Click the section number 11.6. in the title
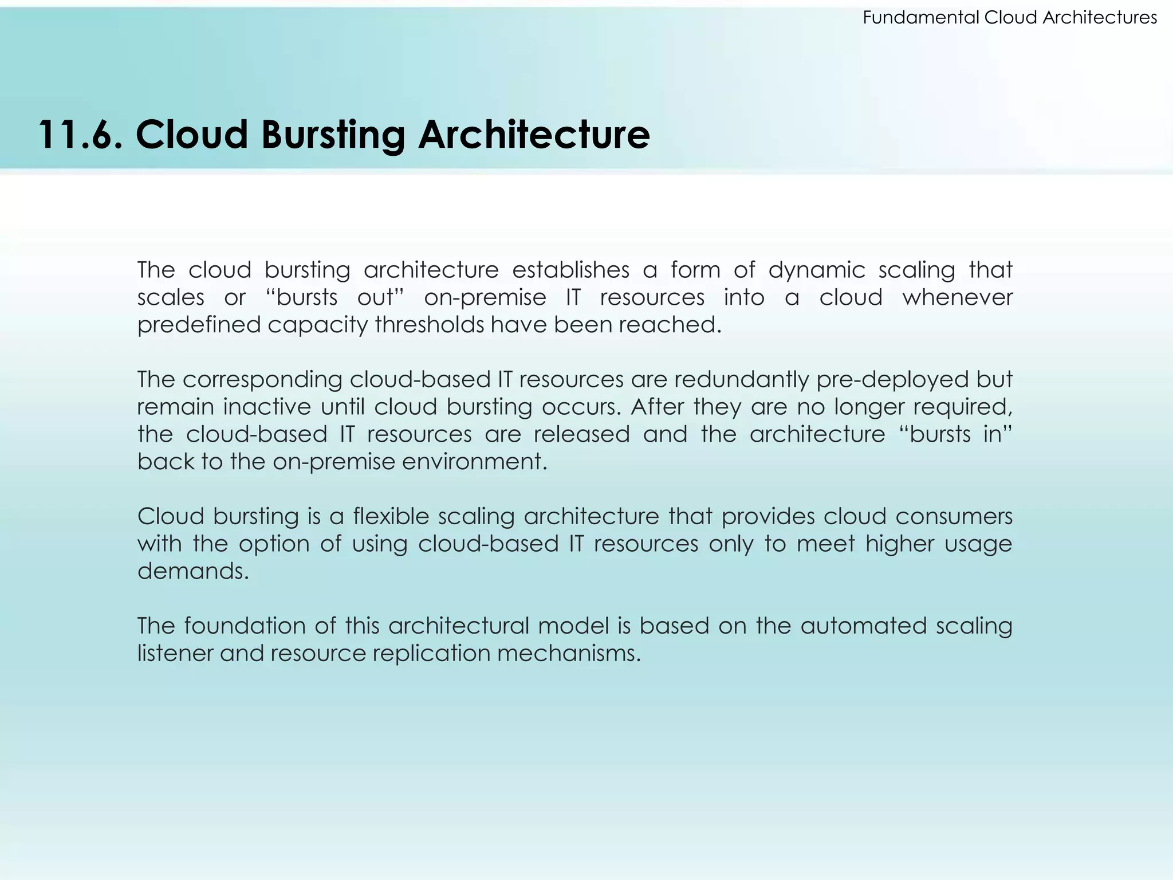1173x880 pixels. [x=80, y=135]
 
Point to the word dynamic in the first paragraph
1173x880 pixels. [x=817, y=270]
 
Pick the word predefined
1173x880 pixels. [x=199, y=325]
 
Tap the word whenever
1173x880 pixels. [x=958, y=297]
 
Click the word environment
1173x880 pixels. [x=473, y=462]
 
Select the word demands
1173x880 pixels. [x=193, y=571]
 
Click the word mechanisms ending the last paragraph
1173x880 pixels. [x=568, y=653]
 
